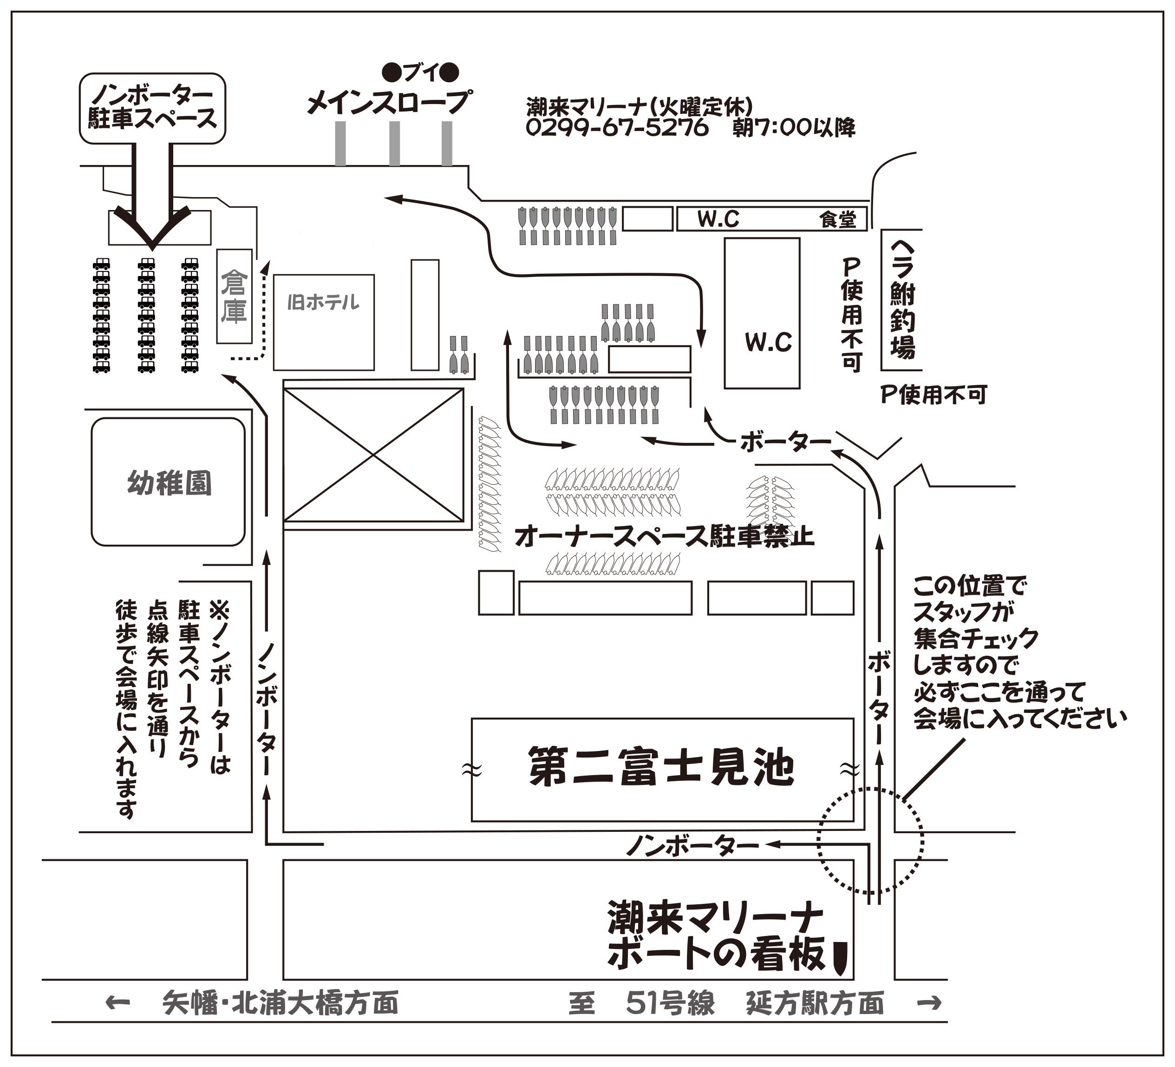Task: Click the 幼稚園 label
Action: [x=169, y=483]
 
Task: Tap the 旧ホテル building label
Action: [x=324, y=302]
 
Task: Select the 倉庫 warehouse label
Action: [x=234, y=296]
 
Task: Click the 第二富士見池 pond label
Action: [x=661, y=767]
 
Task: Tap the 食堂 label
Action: [x=837, y=219]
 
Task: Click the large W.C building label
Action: [x=768, y=342]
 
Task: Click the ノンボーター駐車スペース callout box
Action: [x=152, y=108]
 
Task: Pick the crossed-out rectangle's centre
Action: [x=373, y=455]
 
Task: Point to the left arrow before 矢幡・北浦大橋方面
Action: [x=117, y=1002]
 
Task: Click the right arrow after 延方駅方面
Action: [x=928, y=1002]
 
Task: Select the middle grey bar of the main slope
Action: [x=395, y=144]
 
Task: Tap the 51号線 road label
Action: [x=670, y=1003]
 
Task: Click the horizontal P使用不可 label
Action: [x=933, y=395]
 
